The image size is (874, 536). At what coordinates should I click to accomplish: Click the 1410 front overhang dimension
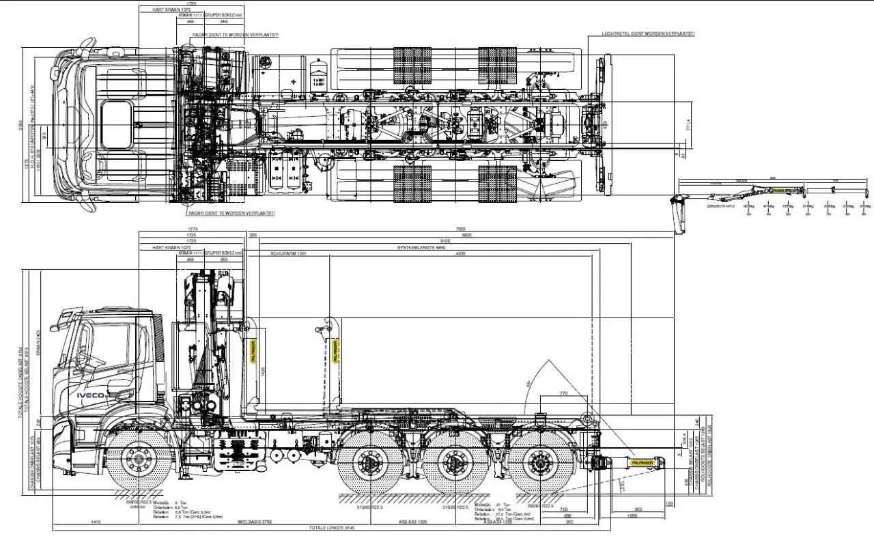pyautogui.click(x=96, y=522)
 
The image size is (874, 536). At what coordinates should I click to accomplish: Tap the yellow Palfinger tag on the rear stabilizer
pyautogui.click(x=643, y=462)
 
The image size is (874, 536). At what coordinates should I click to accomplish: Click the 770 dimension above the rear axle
pyautogui.click(x=563, y=393)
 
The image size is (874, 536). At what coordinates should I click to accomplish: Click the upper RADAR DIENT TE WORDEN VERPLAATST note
pyautogui.click(x=228, y=34)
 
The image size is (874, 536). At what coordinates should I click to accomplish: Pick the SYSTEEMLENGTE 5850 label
pyautogui.click(x=421, y=247)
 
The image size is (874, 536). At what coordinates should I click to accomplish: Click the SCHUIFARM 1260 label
pyautogui.click(x=287, y=253)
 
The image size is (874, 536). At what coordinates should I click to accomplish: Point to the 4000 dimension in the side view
pyautogui.click(x=460, y=253)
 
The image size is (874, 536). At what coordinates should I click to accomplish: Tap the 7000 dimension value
pyautogui.click(x=460, y=229)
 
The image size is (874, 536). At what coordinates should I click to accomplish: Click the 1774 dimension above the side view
pyautogui.click(x=193, y=229)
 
